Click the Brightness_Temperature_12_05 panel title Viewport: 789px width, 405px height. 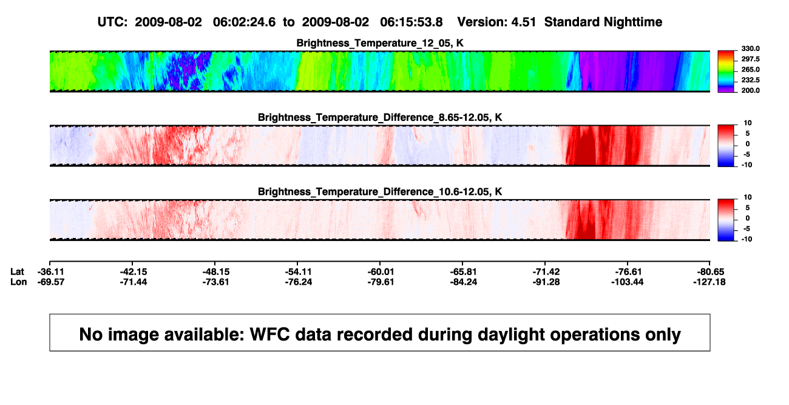(380, 43)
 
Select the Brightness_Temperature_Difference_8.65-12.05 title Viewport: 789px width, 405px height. (380, 117)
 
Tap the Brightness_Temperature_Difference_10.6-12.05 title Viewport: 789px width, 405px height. (380, 192)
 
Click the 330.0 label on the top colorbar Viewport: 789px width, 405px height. (750, 49)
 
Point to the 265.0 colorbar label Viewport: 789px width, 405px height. (750, 69)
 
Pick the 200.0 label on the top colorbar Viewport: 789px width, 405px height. (750, 90)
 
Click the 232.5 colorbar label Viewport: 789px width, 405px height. (750, 80)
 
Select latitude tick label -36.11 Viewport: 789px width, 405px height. (51, 272)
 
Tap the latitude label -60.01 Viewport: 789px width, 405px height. (381, 272)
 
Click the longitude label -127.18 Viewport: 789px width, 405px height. (709, 282)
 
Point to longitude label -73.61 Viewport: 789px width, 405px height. (215, 282)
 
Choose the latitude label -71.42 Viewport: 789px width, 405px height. (546, 272)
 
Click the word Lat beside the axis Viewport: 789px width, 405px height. (17, 272)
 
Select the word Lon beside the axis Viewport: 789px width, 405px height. (18, 282)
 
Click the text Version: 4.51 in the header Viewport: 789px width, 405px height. (496, 22)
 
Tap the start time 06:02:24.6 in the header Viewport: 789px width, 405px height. (244, 22)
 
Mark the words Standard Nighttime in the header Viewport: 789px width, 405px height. (603, 22)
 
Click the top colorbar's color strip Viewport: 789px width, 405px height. (726, 72)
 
